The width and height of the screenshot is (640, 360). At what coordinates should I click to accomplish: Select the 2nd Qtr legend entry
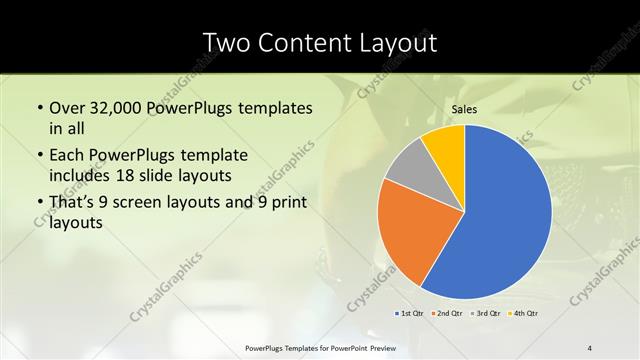447,313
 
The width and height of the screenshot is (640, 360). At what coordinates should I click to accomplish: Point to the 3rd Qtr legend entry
485,313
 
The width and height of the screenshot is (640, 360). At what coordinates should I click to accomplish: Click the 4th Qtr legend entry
522,313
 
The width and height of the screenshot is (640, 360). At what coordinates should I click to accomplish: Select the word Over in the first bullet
67,107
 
